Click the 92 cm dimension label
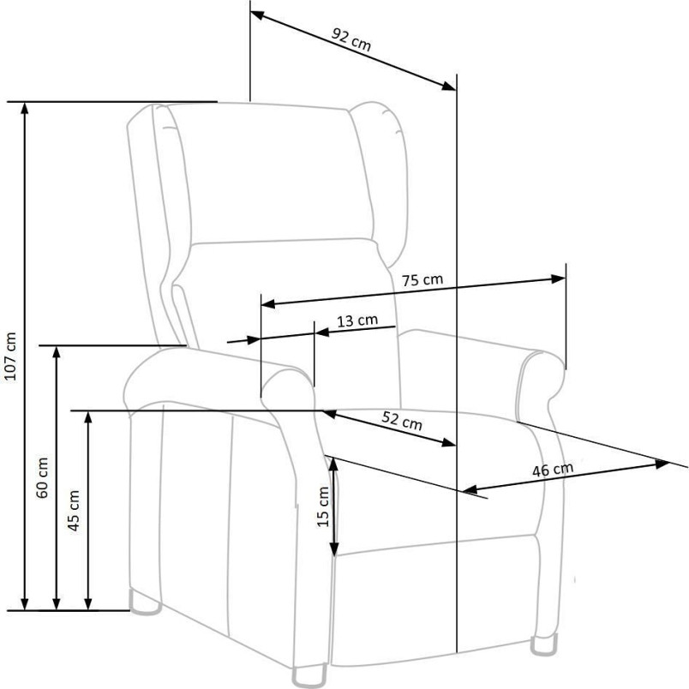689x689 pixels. click(351, 39)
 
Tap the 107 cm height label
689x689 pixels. click(9, 356)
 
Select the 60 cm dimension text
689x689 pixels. click(42, 477)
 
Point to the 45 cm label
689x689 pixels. click(74, 510)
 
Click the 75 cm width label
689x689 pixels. click(422, 280)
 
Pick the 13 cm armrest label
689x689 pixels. click(357, 321)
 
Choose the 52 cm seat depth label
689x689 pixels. click(402, 421)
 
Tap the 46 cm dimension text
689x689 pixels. click(553, 470)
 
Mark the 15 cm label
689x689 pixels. click(323, 506)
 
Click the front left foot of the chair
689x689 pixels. click(309, 676)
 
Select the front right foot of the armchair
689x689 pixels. click(544, 645)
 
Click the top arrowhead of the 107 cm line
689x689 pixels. click(25, 107)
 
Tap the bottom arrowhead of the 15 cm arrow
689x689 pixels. click(334, 548)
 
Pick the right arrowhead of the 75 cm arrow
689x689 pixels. click(559, 279)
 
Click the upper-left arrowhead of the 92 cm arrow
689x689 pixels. click(257, 15)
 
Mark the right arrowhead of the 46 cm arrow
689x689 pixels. click(662, 464)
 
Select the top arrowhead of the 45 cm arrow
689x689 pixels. click(88, 417)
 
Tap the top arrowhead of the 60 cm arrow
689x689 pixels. click(57, 352)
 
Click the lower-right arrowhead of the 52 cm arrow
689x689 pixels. click(449, 442)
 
